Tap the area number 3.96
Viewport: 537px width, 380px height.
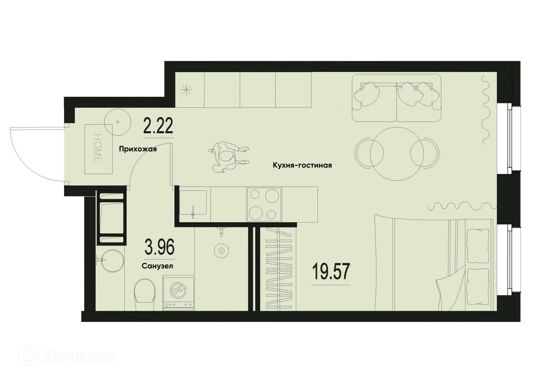159,247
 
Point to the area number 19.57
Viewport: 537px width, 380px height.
331,272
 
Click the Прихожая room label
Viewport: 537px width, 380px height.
138,149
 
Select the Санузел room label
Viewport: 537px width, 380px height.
157,266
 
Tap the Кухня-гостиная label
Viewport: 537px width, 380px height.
302,165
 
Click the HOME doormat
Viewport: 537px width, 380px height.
98,149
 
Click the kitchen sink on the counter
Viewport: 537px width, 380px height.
193,203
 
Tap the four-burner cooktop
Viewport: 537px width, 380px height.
264,204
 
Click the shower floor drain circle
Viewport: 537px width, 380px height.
221,251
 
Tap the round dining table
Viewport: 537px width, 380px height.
397,154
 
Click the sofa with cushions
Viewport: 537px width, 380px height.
396,98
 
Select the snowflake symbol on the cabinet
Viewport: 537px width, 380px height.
186,90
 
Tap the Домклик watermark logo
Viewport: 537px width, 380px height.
67,356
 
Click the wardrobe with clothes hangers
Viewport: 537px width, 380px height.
279,269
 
